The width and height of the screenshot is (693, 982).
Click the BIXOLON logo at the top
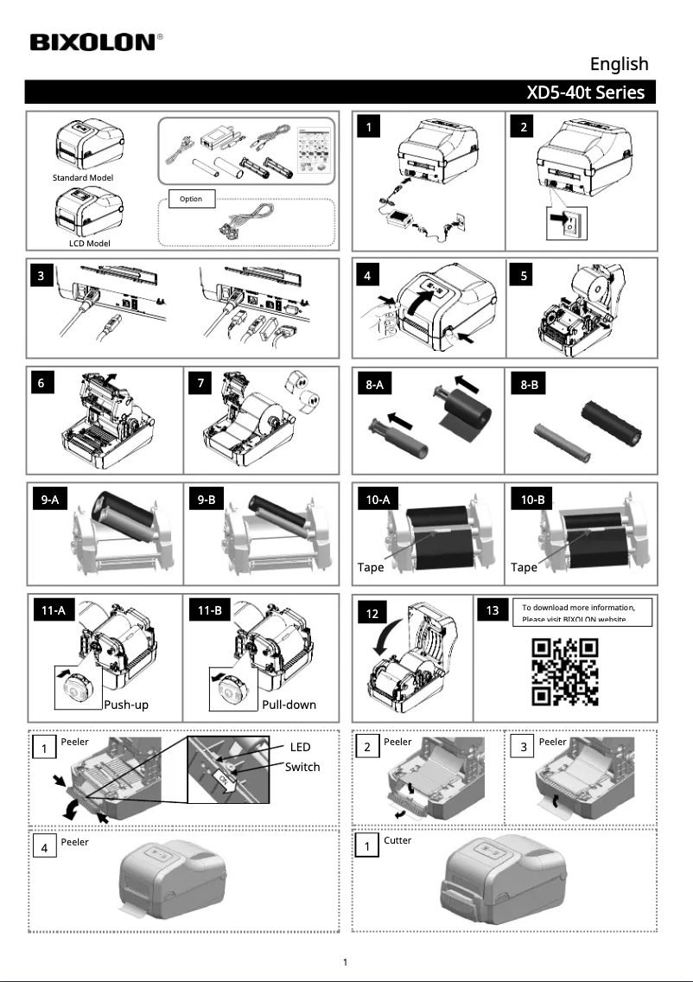point(95,42)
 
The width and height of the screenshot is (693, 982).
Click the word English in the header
point(619,64)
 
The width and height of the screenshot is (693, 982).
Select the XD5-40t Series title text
point(585,92)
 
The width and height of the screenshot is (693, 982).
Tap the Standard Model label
point(83,177)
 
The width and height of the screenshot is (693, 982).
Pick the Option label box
point(191,199)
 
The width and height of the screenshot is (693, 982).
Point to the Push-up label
point(126,705)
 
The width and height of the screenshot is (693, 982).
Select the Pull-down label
point(289,705)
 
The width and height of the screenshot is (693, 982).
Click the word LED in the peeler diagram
point(299,747)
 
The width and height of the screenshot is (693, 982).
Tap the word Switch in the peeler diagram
point(302,767)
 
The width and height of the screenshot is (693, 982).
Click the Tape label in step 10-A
point(371,568)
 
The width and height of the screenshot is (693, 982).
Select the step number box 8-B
point(530,386)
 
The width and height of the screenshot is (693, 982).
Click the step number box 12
point(371,614)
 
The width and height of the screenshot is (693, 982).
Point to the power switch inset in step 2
point(567,224)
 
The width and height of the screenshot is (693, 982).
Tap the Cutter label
point(397,840)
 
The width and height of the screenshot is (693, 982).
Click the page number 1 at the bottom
point(346,962)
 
